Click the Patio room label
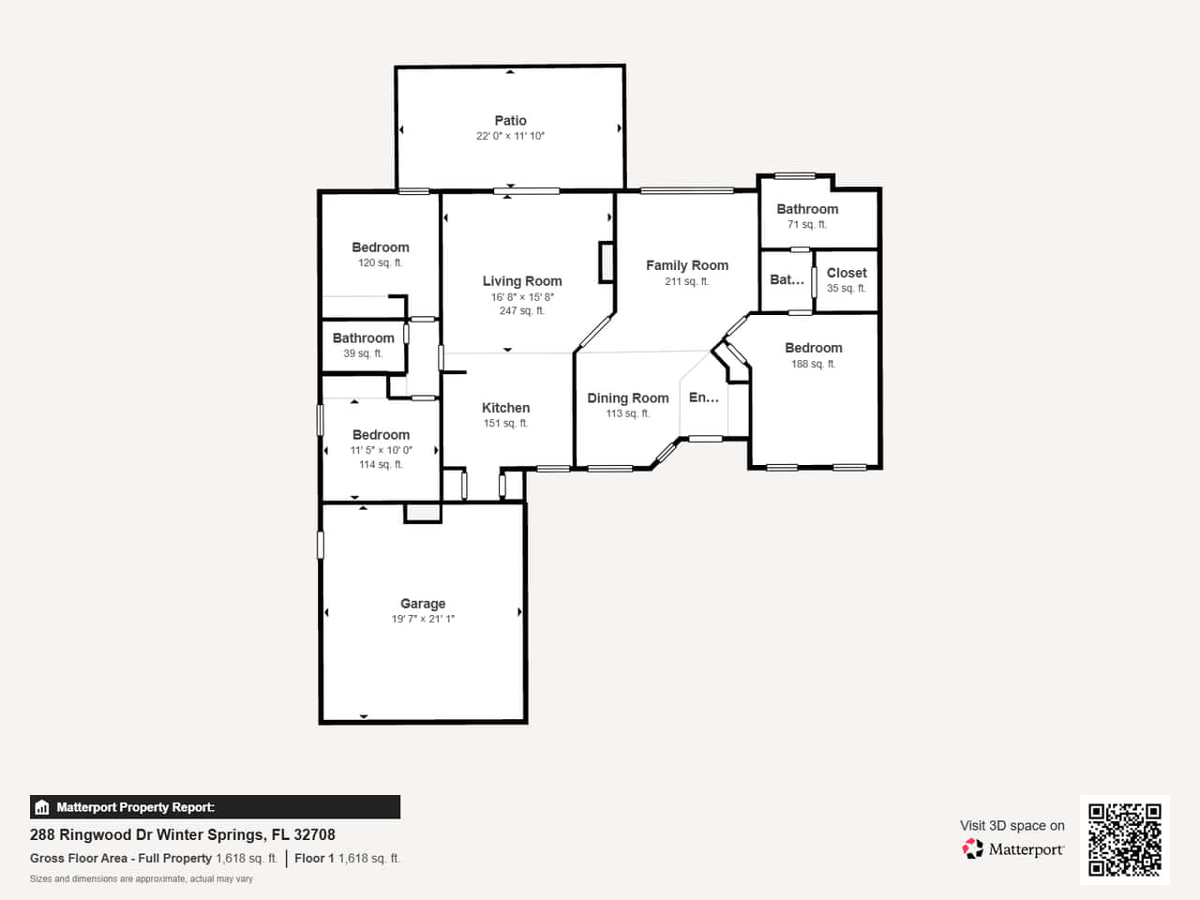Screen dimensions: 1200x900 (x=510, y=120)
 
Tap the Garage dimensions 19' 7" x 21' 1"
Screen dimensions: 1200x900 (x=423, y=619)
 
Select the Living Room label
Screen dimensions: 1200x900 (x=522, y=281)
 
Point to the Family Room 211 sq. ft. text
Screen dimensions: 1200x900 (x=687, y=281)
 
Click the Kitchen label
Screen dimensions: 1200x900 (x=505, y=408)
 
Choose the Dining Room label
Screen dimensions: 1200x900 (x=628, y=397)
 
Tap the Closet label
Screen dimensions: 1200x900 (x=847, y=273)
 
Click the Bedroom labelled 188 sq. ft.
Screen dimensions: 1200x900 (x=814, y=348)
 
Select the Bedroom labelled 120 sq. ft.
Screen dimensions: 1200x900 (x=381, y=247)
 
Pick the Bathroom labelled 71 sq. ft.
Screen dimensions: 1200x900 (x=807, y=209)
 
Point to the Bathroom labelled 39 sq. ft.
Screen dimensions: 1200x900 (x=364, y=338)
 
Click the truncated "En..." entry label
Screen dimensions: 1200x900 (x=704, y=397)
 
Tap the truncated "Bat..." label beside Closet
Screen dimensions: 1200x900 (x=787, y=279)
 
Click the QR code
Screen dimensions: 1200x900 (x=1125, y=839)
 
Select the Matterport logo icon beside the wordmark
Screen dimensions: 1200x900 (x=972, y=849)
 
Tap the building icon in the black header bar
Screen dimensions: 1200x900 (x=42, y=807)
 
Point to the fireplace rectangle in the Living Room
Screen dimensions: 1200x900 (x=607, y=262)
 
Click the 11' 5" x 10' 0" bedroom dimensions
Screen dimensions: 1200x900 (x=381, y=450)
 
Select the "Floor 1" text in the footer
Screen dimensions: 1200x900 (x=314, y=859)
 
